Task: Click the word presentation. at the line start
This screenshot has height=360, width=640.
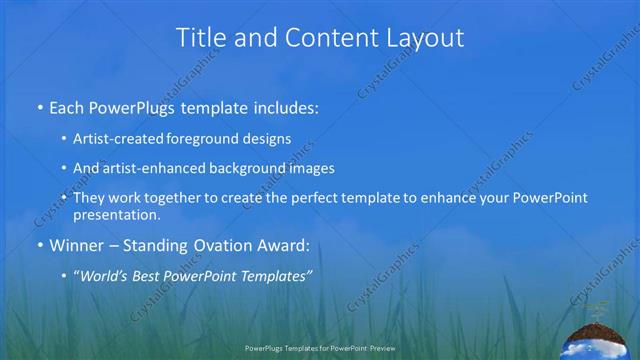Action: click(117, 215)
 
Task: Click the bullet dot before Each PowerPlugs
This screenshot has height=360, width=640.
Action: click(39, 107)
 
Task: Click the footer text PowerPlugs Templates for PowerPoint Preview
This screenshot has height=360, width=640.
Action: click(319, 349)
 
